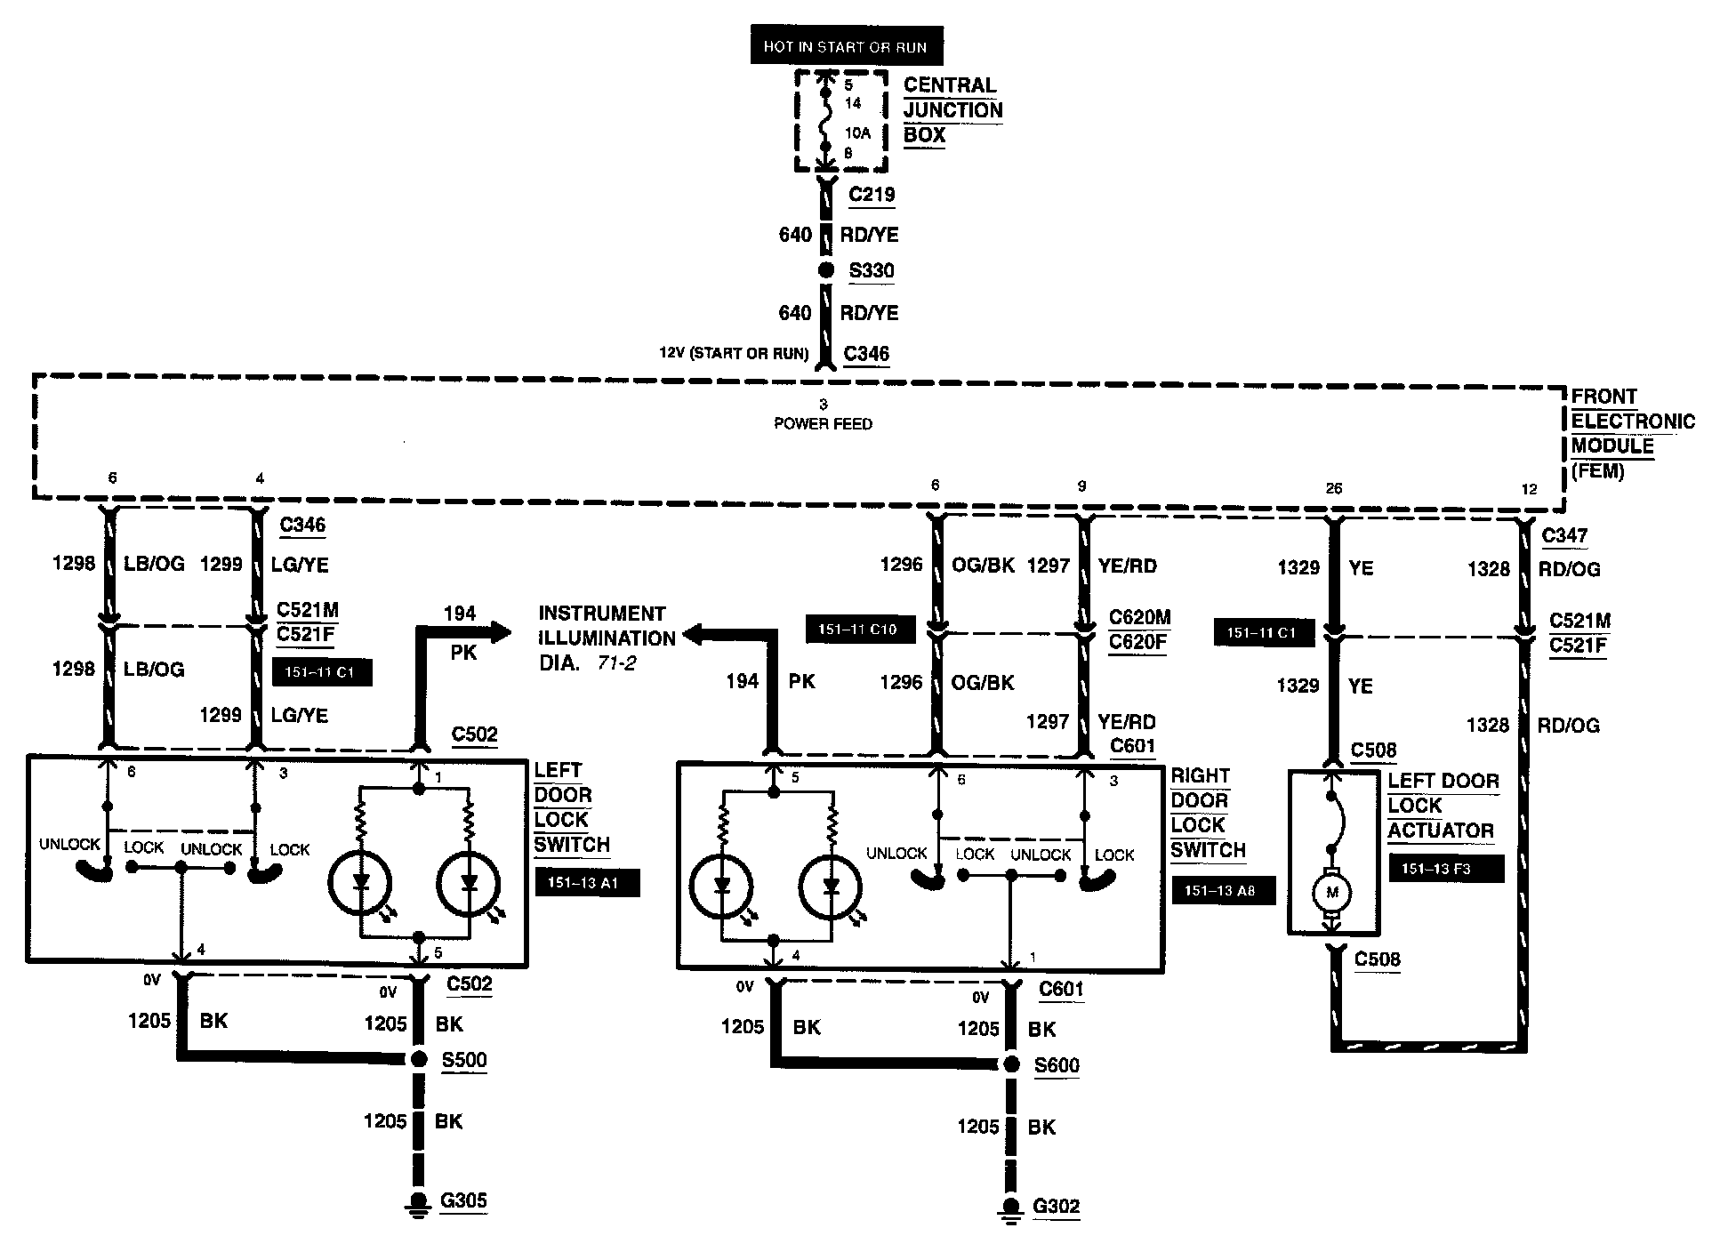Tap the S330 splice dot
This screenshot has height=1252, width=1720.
826,271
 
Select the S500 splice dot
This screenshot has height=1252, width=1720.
419,1059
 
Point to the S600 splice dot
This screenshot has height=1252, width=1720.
1010,1064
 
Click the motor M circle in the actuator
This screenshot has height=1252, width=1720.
1331,892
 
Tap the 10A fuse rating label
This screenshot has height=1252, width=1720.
857,133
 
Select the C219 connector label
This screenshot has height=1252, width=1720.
872,195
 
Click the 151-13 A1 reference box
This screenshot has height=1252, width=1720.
587,883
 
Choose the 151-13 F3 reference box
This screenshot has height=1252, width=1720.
1446,869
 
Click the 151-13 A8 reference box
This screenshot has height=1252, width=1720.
1223,889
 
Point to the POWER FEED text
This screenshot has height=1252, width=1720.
823,424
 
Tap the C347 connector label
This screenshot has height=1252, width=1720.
1564,535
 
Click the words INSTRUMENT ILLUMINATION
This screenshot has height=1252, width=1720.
603,626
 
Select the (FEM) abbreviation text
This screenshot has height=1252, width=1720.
1598,471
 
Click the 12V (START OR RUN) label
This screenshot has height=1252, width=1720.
734,354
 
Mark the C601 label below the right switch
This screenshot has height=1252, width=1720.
1061,989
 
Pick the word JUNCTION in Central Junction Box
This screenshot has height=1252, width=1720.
952,110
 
